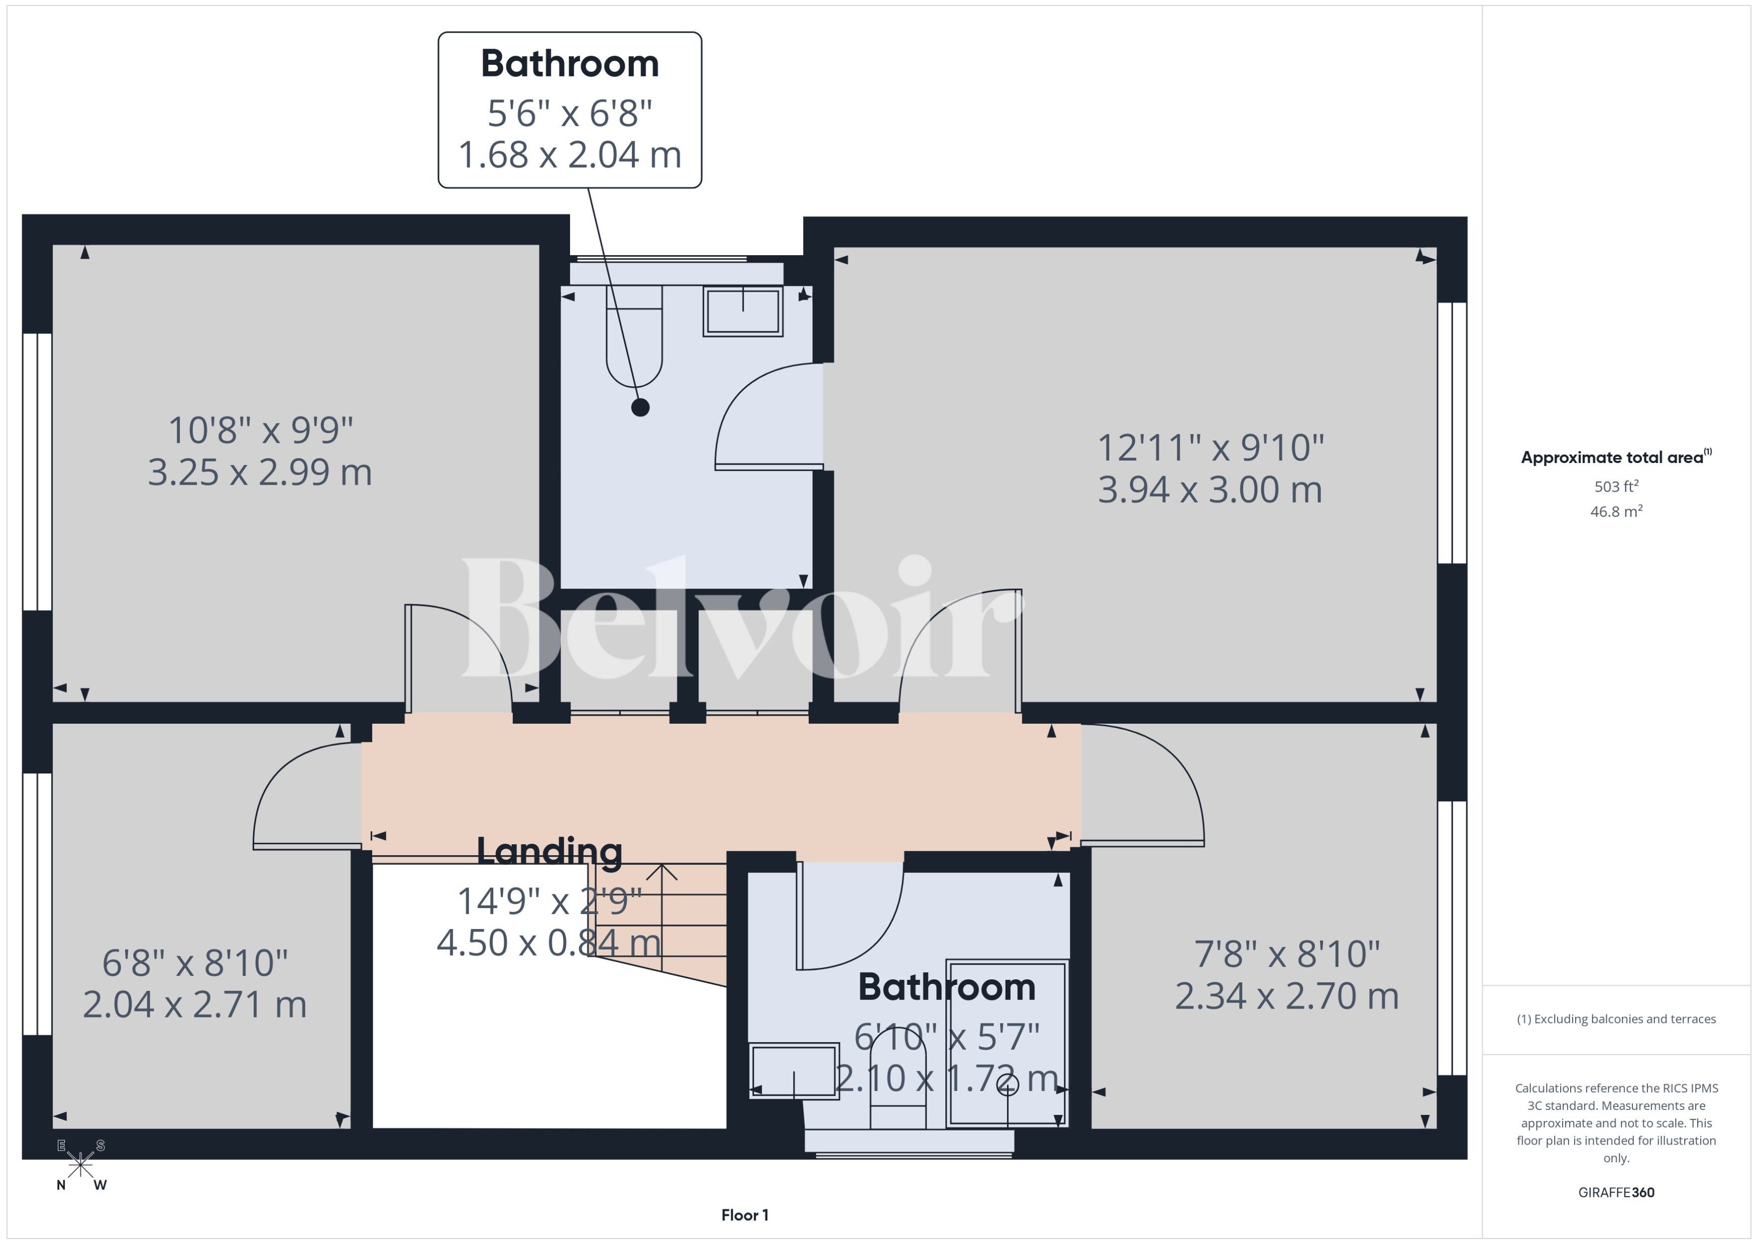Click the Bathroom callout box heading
(x=569, y=64)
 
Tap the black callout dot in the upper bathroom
(x=640, y=407)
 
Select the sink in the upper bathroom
(x=743, y=311)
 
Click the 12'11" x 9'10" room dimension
(x=1211, y=447)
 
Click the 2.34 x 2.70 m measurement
(x=1287, y=996)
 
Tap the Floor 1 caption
(x=744, y=1215)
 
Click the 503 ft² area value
(x=1616, y=487)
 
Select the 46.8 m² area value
(x=1616, y=511)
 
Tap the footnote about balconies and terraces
(x=1616, y=1019)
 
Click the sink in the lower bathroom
(x=794, y=1071)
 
